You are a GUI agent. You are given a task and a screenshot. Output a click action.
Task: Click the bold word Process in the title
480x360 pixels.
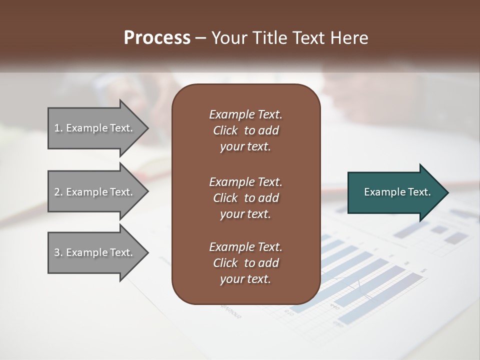click(x=157, y=38)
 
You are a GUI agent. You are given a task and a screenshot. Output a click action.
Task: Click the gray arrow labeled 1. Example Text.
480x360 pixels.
click(x=95, y=128)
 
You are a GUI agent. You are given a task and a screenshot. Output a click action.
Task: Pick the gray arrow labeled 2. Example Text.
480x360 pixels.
click(x=95, y=192)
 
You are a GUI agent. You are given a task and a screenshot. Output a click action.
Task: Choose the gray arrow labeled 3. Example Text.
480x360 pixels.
click(x=95, y=252)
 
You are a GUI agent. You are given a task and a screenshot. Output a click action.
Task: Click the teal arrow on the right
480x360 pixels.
click(x=395, y=192)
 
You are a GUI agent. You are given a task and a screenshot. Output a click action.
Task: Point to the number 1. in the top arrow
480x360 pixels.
click(x=58, y=128)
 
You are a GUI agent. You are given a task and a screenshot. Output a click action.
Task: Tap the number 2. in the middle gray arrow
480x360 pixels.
click(x=58, y=192)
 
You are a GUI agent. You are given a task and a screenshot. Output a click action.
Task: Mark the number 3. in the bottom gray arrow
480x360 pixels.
click(x=58, y=252)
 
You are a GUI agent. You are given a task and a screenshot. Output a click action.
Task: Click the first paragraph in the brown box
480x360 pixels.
click(x=245, y=130)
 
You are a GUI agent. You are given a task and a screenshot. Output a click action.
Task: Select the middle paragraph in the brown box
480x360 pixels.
click(x=245, y=197)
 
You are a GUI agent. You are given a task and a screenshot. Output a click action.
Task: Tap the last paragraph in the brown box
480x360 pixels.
click(x=245, y=263)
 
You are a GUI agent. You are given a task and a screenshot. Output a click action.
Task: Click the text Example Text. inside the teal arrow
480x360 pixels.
click(x=397, y=192)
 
